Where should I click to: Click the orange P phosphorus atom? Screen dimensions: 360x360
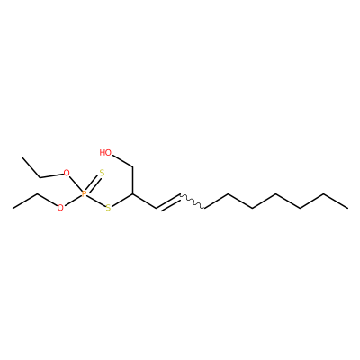click(85, 193)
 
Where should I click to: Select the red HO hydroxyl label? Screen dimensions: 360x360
click(105, 152)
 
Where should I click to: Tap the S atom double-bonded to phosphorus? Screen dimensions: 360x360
click(102, 173)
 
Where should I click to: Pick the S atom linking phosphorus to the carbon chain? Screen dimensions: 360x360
click(108, 207)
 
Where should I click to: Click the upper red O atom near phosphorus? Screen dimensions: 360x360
click(67, 173)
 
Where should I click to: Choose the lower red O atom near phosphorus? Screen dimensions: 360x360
click(60, 207)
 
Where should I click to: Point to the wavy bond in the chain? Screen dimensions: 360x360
click(193, 201)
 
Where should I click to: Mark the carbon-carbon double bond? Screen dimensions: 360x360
click(168, 202)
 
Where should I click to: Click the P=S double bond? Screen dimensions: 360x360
click(93, 184)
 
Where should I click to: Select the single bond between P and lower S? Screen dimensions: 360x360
click(96, 201)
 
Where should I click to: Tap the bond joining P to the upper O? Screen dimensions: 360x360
click(76, 184)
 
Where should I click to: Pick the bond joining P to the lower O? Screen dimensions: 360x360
click(72, 201)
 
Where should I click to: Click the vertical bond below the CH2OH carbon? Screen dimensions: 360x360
click(132, 180)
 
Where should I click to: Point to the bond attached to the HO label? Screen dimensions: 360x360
click(122, 161)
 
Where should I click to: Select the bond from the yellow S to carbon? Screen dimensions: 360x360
click(121, 200)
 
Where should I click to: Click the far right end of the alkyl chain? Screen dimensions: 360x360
click(347, 208)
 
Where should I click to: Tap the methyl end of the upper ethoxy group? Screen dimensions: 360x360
click(22, 157)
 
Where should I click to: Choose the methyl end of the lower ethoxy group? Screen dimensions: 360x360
click(13, 208)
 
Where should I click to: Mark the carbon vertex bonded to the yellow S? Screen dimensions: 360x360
click(132, 194)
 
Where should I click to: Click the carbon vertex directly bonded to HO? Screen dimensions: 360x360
click(132, 166)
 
